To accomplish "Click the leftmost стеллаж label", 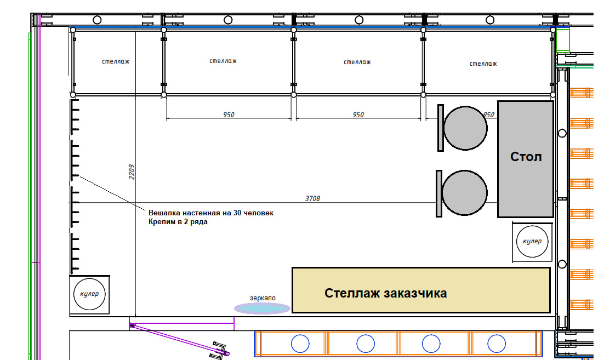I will pyautogui.click(x=116, y=61).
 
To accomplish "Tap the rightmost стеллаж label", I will pyautogui.click(x=483, y=64).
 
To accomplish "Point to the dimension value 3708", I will pyautogui.click(x=312, y=198).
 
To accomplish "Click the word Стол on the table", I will pyautogui.click(x=526, y=157).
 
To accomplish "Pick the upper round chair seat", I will pyautogui.click(x=465, y=128).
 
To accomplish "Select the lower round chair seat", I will pyautogui.click(x=464, y=192).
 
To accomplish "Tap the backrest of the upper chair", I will pyautogui.click(x=440, y=128).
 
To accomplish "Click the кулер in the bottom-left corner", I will pyautogui.click(x=89, y=294).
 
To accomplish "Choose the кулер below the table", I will pyautogui.click(x=532, y=242).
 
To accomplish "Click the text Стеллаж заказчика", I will pyautogui.click(x=385, y=293).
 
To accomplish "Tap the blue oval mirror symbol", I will pyautogui.click(x=262, y=309).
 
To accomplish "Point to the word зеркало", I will pyautogui.click(x=263, y=298).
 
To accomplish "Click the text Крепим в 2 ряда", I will pyautogui.click(x=178, y=222).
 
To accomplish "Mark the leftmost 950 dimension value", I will pyautogui.click(x=229, y=115).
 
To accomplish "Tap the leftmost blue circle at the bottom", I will pyautogui.click(x=300, y=344).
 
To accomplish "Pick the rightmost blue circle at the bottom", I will pyautogui.click(x=497, y=344).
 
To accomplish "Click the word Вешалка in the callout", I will pyautogui.click(x=164, y=213).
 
